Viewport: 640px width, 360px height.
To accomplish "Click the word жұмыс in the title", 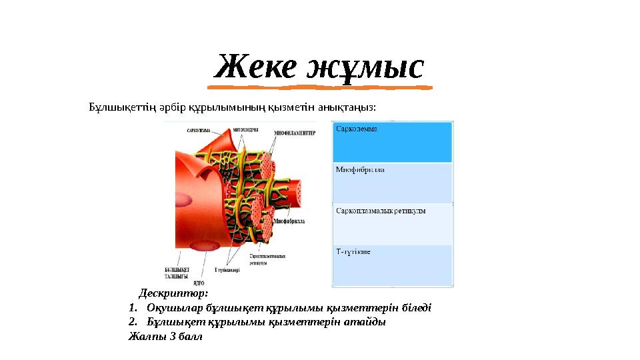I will (x=365, y=68).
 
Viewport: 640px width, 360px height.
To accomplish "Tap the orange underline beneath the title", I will (x=319, y=87).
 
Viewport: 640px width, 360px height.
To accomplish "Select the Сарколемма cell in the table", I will (x=393, y=142).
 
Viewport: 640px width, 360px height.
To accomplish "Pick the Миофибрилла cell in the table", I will (x=393, y=183).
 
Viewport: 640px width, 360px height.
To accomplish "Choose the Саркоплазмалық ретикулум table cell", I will (x=393, y=224).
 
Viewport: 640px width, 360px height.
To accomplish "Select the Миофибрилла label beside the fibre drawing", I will (x=290, y=219).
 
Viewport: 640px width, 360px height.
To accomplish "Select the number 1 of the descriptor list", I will (x=132, y=308).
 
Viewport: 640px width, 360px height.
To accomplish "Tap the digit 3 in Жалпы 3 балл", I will (x=173, y=337).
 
